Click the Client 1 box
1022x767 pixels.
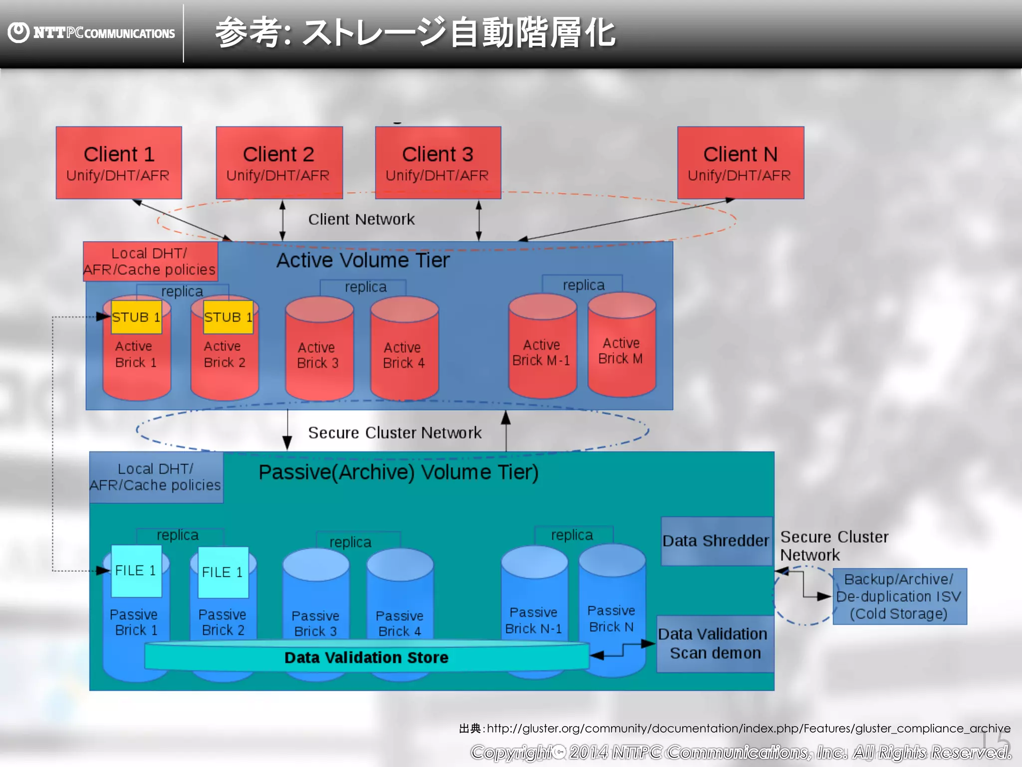119,163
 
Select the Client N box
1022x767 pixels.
741,163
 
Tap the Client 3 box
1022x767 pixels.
438,163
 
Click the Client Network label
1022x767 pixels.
361,219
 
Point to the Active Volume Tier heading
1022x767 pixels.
363,260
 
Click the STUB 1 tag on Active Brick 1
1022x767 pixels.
136,317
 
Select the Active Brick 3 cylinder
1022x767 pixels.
319,350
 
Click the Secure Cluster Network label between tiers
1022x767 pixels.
394,432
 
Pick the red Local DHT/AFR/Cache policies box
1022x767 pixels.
150,262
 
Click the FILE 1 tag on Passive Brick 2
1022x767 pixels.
223,572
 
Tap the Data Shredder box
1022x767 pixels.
716,541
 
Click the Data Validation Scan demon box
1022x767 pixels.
715,644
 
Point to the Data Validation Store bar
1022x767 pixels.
366,657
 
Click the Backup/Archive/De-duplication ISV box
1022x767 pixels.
899,596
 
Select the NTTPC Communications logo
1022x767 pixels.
92,33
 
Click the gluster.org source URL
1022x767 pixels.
748,729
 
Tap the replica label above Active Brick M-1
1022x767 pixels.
583,285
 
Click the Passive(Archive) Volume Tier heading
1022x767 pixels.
398,472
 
